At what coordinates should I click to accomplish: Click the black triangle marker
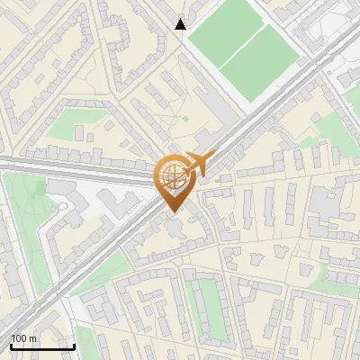click(x=181, y=24)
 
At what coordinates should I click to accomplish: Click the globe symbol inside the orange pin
click(x=171, y=175)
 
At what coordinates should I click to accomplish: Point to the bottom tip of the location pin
click(x=171, y=212)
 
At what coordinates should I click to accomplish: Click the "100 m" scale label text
click(x=23, y=337)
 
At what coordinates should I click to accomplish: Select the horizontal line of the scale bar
click(x=41, y=346)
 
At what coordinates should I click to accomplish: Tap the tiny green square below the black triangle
click(x=185, y=118)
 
